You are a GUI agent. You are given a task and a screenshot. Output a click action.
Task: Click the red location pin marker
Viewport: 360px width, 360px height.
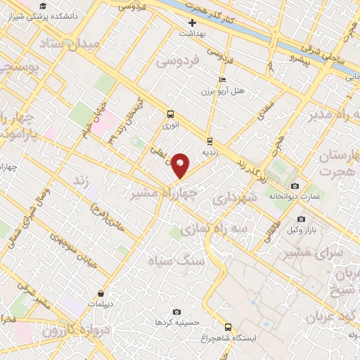click(x=181, y=165)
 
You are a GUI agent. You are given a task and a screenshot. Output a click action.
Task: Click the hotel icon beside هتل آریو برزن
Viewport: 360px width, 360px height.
click(x=223, y=79)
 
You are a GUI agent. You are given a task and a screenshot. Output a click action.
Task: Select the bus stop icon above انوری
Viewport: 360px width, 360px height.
click(x=169, y=114)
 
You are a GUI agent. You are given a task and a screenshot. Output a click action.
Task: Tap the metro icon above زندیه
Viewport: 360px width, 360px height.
click(x=210, y=140)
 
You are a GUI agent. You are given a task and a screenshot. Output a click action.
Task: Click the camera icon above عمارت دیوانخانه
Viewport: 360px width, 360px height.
click(x=295, y=186)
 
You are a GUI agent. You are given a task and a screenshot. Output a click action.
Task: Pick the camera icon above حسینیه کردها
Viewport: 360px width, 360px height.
click(x=176, y=311)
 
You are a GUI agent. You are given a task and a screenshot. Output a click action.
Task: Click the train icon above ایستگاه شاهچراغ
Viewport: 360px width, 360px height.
click(x=227, y=326)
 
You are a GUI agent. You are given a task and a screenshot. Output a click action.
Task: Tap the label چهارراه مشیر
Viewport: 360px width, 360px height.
click(x=165, y=191)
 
